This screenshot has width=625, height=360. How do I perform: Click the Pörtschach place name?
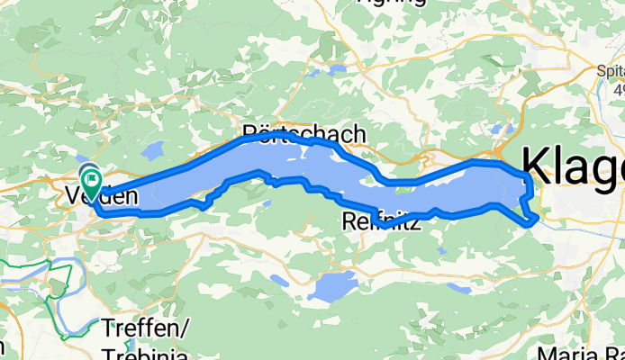click(x=305, y=134)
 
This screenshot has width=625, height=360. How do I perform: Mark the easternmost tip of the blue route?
click(x=538, y=217)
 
